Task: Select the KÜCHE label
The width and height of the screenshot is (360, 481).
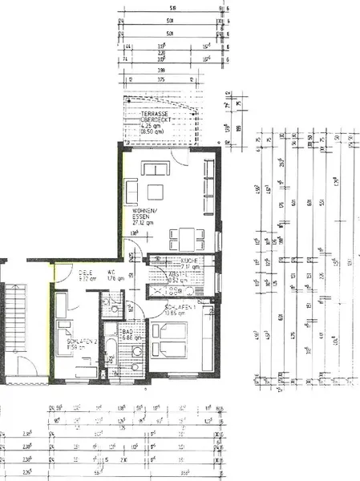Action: tap(190, 261)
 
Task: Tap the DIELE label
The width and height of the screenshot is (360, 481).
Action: tap(87, 273)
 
